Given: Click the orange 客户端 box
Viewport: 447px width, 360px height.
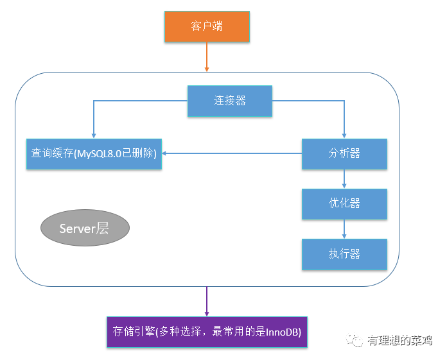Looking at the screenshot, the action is (207, 26).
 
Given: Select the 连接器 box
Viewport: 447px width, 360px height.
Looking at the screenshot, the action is (230, 101).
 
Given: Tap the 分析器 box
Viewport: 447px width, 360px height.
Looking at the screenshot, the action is (344, 154).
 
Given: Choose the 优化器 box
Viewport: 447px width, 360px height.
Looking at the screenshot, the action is (344, 203).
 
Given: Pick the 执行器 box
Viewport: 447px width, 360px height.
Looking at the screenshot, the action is (344, 254).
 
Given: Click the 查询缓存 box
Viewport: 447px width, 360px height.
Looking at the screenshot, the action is (94, 154).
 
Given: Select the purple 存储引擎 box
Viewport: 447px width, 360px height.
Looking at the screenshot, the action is (207, 332).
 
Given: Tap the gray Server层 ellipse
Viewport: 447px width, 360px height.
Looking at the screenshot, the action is (85, 228).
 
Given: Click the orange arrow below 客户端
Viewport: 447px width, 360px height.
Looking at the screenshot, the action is (207, 57).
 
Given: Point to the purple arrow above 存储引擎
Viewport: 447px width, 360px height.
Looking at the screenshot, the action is (207, 302).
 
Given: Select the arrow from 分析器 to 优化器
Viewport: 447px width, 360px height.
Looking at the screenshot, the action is (344, 178).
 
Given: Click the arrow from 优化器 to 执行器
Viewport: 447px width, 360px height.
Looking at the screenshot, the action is (344, 228).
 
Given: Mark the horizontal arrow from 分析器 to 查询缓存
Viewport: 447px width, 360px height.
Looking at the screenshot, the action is (232, 153).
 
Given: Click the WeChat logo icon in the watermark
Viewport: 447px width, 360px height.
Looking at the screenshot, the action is (355, 339).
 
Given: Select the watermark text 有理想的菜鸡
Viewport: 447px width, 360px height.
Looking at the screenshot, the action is (399, 340).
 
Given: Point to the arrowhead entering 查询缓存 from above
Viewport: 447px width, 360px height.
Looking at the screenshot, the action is (94, 136).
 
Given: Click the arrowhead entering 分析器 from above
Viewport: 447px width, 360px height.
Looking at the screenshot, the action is (344, 136).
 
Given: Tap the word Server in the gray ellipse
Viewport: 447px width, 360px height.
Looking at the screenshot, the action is (77, 228).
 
